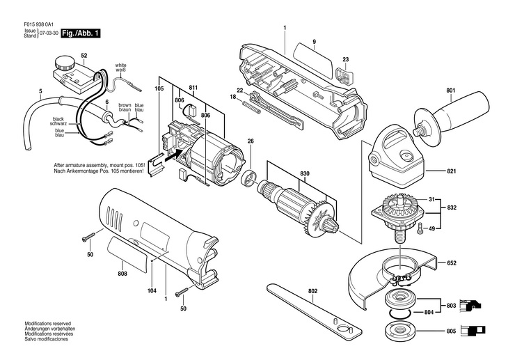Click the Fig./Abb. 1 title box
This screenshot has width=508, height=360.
point(81,33)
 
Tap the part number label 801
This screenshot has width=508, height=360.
point(451,90)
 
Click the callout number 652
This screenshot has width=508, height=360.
point(452,263)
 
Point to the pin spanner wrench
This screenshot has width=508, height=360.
point(315,311)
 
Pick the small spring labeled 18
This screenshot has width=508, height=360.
point(251,106)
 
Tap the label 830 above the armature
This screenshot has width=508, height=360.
point(305,173)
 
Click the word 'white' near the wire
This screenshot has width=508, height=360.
point(121,65)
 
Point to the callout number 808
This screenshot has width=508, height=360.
point(122,274)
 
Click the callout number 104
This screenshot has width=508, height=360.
point(152,290)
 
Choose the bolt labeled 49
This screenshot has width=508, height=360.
point(420,229)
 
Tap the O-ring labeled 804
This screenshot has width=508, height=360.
point(400,313)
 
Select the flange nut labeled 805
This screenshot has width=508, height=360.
point(400,331)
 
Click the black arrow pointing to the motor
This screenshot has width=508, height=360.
point(171,156)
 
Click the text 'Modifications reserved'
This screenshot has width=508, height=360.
point(47,324)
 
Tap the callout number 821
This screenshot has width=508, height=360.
point(452,171)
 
